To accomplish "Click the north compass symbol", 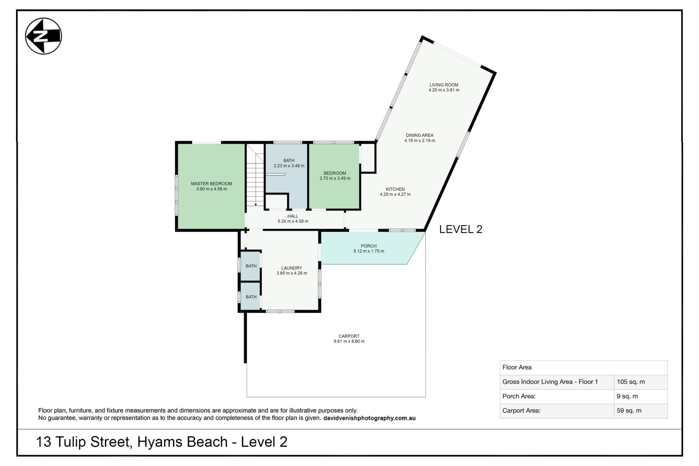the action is coord(43,36).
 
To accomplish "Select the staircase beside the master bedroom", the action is coord(255,175).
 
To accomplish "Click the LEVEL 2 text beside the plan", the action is coord(461,229).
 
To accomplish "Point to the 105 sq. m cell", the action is coord(631,382).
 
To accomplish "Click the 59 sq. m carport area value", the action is coord(629,411).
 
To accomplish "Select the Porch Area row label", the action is coord(519,396).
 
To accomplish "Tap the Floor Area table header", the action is coord(517,367).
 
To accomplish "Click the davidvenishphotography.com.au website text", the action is coord(369,418).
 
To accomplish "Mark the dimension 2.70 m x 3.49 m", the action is coord(335,178).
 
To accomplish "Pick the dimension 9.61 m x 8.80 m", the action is coord(349,341).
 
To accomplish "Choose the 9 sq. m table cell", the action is coord(627,396).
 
